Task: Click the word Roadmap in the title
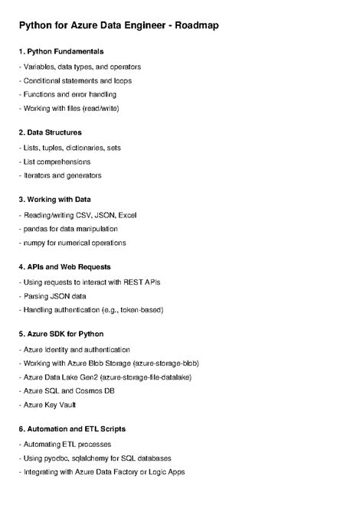(192, 25)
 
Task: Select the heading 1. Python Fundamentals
(61, 51)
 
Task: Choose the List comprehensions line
(55, 161)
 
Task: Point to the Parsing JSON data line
(54, 296)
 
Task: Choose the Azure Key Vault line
(48, 405)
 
